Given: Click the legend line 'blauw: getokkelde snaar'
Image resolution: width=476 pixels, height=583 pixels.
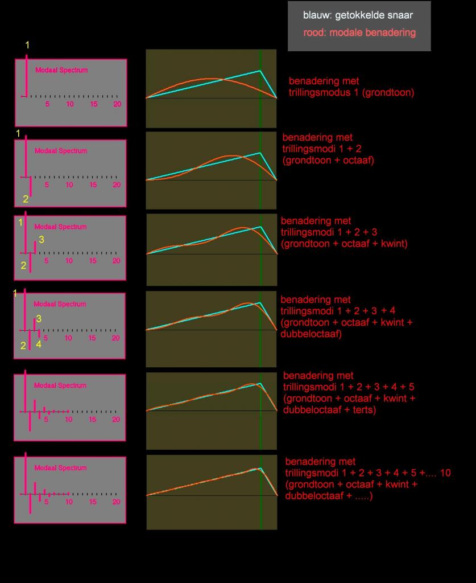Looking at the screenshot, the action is pyautogui.click(x=358, y=15).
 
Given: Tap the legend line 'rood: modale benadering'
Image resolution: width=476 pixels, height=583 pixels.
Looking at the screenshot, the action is pyautogui.click(x=359, y=32).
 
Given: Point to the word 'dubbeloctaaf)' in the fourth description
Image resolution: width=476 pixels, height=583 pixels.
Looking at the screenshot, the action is pyautogui.click(x=311, y=334).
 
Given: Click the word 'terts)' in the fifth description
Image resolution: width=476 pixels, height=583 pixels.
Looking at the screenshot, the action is pyautogui.click(x=364, y=410).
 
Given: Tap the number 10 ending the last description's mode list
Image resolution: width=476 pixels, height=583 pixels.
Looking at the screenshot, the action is pyautogui.click(x=445, y=473).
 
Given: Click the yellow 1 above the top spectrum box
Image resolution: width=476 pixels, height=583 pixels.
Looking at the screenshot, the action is pyautogui.click(x=27, y=45).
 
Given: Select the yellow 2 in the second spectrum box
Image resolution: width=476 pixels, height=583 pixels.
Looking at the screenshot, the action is pyautogui.click(x=26, y=199).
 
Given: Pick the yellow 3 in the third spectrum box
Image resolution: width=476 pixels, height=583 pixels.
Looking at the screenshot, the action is pyautogui.click(x=42, y=240).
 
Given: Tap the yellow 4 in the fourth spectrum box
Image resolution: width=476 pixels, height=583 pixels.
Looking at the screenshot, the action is pyautogui.click(x=39, y=344).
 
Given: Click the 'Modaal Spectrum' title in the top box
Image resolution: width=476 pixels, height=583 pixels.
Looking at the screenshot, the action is pyautogui.click(x=61, y=70).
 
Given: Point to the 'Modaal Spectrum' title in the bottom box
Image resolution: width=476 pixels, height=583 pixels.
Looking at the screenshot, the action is pyautogui.click(x=60, y=468).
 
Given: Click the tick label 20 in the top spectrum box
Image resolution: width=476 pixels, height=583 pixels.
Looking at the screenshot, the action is pyautogui.click(x=117, y=104).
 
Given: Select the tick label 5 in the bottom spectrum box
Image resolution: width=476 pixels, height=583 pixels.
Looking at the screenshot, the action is pyautogui.click(x=47, y=502).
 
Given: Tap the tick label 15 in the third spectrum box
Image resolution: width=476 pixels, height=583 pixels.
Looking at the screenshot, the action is pyautogui.click(x=93, y=261).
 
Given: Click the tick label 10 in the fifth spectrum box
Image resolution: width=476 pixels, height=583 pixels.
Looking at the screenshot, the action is pyautogui.click(x=69, y=420).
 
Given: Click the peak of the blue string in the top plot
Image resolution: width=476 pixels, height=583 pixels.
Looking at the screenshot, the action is pyautogui.click(x=260, y=70).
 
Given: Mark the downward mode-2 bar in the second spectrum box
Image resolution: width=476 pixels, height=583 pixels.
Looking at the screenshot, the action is pyautogui.click(x=31, y=186).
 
